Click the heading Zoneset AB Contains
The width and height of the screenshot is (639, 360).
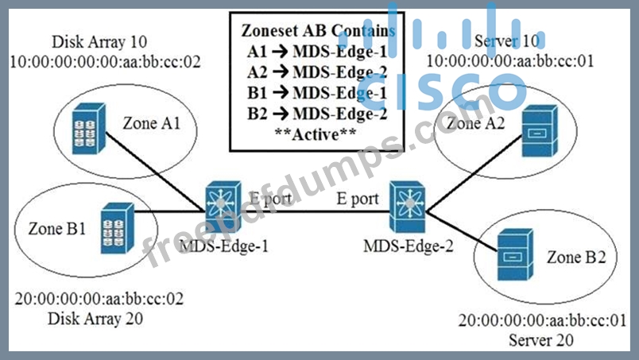point(317,30)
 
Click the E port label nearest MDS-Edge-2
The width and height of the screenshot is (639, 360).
point(357,199)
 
